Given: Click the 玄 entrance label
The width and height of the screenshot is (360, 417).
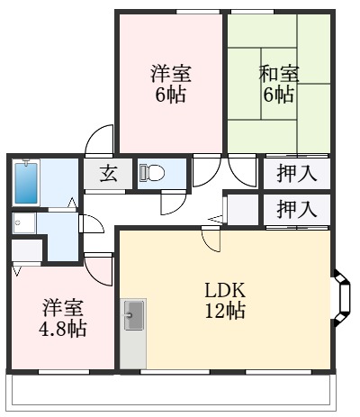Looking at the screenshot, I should click(x=108, y=175).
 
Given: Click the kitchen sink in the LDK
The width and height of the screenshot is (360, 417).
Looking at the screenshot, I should click(x=133, y=315).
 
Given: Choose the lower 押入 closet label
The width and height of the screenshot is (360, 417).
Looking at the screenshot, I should click(x=296, y=210).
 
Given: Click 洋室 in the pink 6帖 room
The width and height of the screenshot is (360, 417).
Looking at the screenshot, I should click(x=170, y=73).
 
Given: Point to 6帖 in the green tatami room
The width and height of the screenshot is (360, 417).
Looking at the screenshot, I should click(x=280, y=94).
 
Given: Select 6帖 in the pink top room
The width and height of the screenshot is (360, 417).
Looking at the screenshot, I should click(x=170, y=94).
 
